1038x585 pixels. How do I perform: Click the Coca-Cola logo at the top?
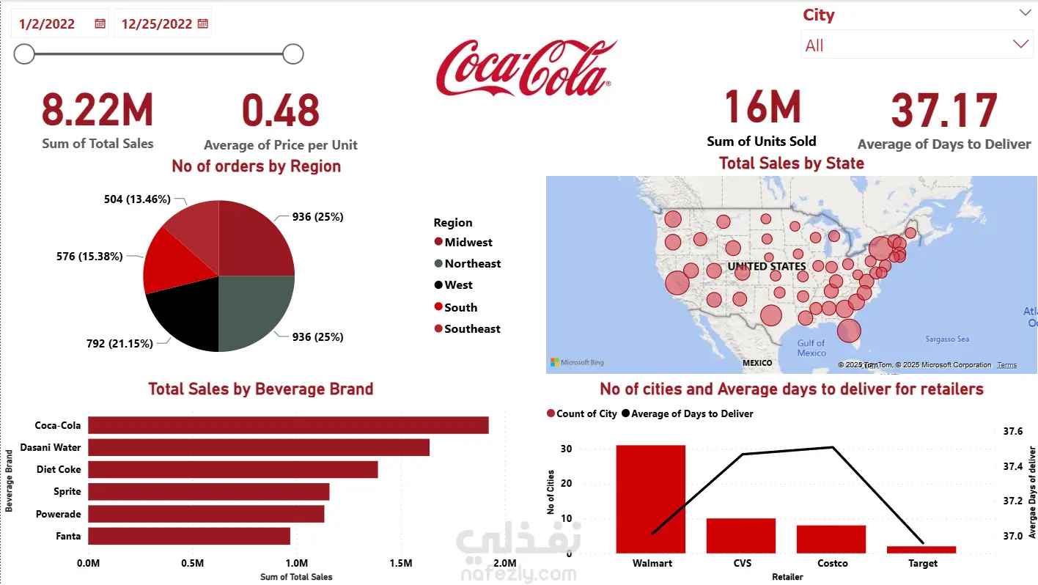pos(526,68)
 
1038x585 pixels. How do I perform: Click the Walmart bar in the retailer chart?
pos(651,498)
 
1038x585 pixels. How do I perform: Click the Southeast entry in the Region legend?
pos(472,328)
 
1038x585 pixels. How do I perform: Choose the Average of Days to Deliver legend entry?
pos(691,413)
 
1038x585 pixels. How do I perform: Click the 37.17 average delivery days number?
pos(943,111)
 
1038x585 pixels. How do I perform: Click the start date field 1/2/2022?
pos(48,23)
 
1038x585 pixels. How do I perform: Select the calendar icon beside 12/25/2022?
pos(203,23)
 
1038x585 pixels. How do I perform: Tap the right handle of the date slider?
pos(293,54)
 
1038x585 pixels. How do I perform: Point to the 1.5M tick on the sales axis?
pos(401,563)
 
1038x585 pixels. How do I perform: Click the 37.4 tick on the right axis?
pos(1012,466)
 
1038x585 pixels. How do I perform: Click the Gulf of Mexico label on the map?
pos(811,347)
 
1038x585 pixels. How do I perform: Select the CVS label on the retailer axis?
pos(742,563)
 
